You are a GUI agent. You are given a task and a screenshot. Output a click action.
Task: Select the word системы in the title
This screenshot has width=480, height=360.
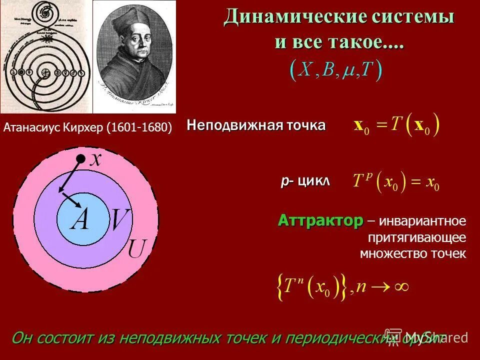(x=412, y=17)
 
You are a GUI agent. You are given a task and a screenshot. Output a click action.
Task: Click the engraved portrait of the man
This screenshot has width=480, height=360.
(x=136, y=56)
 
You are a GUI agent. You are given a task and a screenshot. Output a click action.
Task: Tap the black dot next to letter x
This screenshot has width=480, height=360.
(x=80, y=159)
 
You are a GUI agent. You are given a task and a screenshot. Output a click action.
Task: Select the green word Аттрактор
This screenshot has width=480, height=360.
(x=320, y=220)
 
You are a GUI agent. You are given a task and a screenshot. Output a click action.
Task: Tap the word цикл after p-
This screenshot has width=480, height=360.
(x=314, y=181)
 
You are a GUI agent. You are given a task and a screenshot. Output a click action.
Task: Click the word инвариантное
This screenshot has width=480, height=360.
(x=422, y=221)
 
